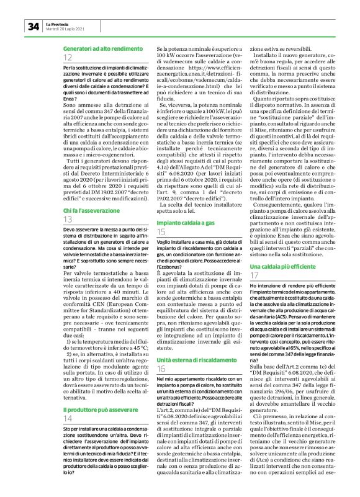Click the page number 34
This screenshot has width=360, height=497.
(33, 26)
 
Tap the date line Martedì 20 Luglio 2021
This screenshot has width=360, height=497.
(65, 28)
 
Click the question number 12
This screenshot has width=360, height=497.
(68, 57)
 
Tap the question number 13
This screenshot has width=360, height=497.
(68, 221)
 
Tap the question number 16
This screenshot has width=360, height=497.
(161, 352)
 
